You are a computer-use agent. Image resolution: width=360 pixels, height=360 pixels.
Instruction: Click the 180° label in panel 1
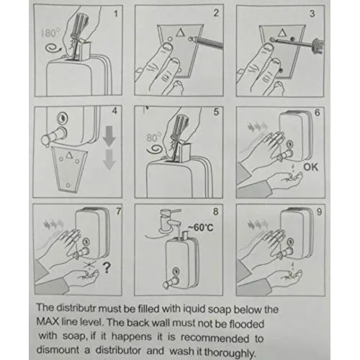click(x=50, y=33)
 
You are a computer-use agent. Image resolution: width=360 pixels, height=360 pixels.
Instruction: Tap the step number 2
click(x=216, y=13)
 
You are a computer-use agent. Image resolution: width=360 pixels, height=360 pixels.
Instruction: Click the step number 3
click(x=312, y=14)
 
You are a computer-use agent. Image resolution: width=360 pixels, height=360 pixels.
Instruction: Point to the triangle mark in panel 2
click(x=180, y=32)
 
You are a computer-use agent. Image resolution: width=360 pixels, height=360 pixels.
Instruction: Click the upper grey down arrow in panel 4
click(x=109, y=137)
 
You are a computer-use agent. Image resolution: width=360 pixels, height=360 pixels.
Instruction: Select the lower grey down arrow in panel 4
click(x=109, y=160)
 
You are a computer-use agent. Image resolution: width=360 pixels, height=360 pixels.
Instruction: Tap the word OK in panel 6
click(x=311, y=167)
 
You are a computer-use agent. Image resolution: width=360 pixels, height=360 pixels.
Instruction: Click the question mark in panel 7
click(x=107, y=268)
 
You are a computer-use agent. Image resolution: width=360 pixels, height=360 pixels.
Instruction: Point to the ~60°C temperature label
click(x=200, y=227)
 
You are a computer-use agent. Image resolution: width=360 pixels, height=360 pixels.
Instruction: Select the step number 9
click(x=319, y=212)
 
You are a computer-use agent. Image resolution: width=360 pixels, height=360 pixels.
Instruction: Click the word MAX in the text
click(x=48, y=322)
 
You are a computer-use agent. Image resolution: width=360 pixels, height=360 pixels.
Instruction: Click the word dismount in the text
click(x=58, y=350)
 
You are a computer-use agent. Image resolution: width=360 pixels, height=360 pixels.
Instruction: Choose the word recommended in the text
click(x=215, y=338)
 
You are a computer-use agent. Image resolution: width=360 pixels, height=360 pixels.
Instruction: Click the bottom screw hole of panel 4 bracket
click(x=68, y=185)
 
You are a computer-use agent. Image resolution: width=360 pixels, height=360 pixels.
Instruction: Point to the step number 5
click(x=216, y=112)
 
